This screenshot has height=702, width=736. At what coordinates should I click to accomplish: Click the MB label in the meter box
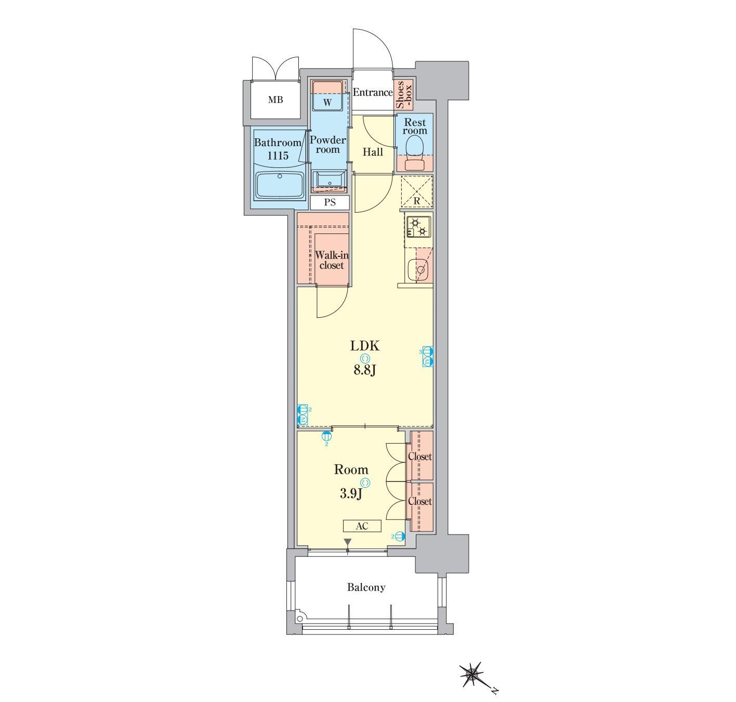pyautogui.click(x=275, y=100)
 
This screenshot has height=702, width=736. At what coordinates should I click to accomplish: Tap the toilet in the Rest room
pyautogui.click(x=414, y=153)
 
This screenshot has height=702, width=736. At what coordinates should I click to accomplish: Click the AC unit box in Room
pyautogui.click(x=362, y=526)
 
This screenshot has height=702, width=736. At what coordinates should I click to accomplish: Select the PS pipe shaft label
pyautogui.click(x=330, y=202)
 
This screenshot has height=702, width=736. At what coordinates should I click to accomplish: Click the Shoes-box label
pyautogui.click(x=403, y=95)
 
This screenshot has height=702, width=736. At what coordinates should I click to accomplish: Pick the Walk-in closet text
pyautogui.click(x=331, y=260)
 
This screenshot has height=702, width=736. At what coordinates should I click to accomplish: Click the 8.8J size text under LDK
pyautogui.click(x=365, y=370)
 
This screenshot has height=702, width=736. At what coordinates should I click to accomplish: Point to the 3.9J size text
pyautogui.click(x=351, y=493)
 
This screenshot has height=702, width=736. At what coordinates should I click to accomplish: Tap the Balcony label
pyautogui.click(x=366, y=587)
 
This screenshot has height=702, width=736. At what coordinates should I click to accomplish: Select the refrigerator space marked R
pyautogui.click(x=417, y=191)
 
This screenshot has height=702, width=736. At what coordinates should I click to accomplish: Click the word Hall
pyautogui.click(x=373, y=152)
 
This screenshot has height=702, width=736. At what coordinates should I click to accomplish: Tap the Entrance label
pyautogui.click(x=373, y=92)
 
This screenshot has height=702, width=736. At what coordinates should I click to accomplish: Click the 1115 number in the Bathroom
pyautogui.click(x=278, y=155)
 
